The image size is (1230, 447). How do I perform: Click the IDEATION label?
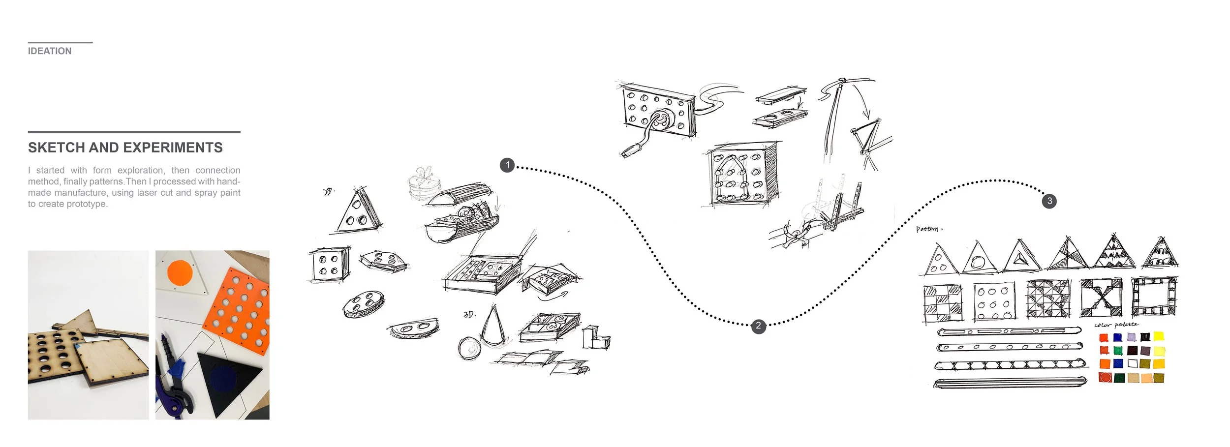[x=49, y=51]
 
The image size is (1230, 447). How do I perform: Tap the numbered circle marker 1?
[x=507, y=165]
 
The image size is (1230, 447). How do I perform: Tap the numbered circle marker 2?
[x=758, y=326]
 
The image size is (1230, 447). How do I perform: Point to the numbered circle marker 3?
[x=1049, y=201]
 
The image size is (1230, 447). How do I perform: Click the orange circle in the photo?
[x=180, y=272]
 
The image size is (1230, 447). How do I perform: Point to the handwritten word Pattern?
[x=928, y=229]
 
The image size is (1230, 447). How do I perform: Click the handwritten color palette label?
[x=1116, y=325]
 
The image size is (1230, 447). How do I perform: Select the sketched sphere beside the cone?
[x=468, y=348]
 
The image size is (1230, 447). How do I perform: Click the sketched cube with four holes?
[x=329, y=265]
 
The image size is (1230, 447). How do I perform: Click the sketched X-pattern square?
[x=1101, y=298]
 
